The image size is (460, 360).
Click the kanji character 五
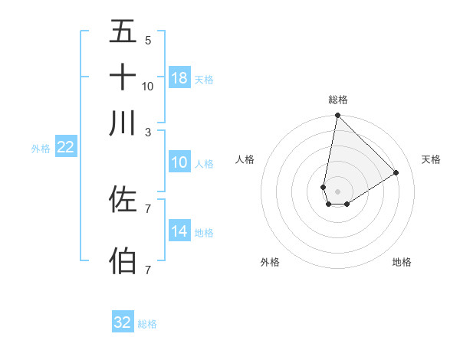pyautogui.click(x=123, y=32)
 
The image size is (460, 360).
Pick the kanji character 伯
pyautogui.click(x=123, y=260)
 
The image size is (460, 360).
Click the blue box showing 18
pyautogui.click(x=179, y=78)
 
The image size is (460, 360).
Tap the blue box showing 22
pyautogui.click(x=65, y=148)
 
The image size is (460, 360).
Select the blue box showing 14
pyautogui.click(x=179, y=232)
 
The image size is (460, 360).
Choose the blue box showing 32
pyautogui.click(x=123, y=322)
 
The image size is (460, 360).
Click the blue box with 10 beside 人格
pyautogui.click(x=179, y=162)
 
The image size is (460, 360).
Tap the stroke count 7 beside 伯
pyautogui.click(x=147, y=270)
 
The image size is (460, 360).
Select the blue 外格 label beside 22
pyautogui.click(x=40, y=149)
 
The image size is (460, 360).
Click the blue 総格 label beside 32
pyautogui.click(x=147, y=324)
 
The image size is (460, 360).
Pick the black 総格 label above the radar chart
pyautogui.click(x=337, y=100)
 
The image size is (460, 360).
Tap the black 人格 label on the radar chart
pyautogui.click(x=245, y=159)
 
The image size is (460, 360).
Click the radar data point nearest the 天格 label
pyautogui.click(x=396, y=172)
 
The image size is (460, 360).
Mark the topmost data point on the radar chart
pyautogui.click(x=337, y=116)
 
